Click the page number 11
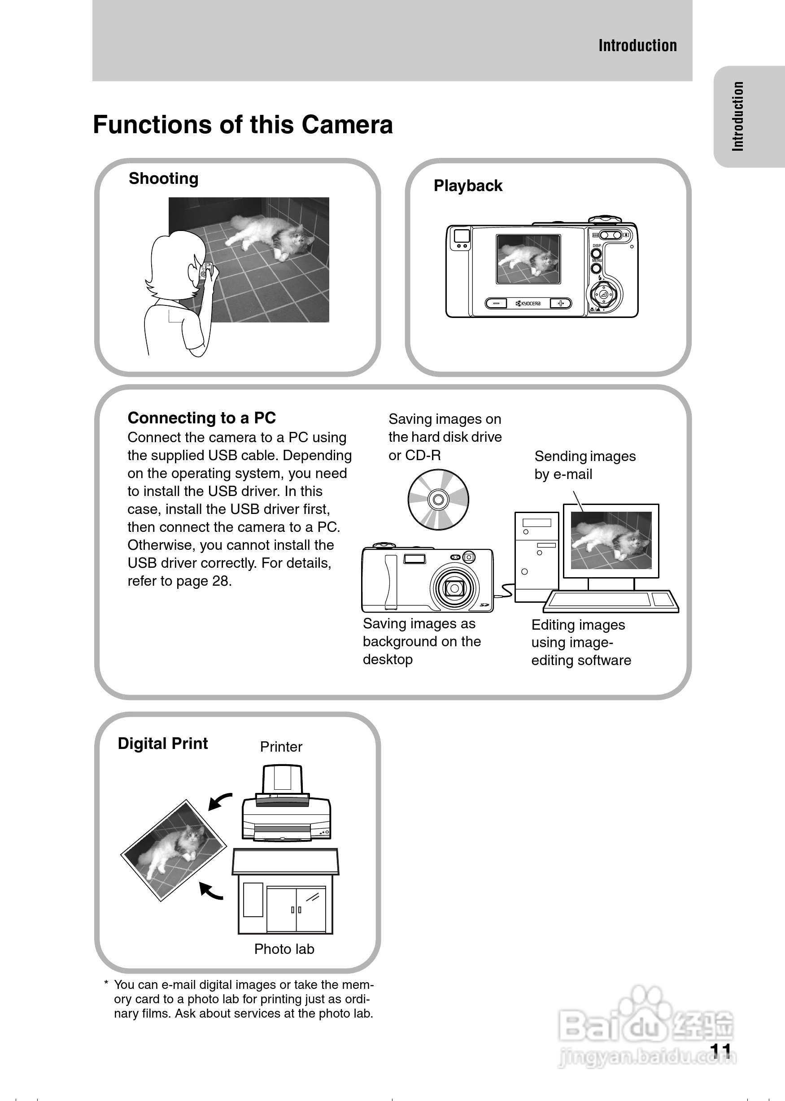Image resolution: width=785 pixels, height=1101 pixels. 721,1050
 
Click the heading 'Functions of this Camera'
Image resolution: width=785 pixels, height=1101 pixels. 243,125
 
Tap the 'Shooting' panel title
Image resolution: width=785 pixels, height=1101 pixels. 163,179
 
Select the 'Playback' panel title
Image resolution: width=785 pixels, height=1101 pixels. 468,186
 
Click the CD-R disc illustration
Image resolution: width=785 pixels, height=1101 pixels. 438,499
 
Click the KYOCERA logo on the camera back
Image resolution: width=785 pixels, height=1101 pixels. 528,304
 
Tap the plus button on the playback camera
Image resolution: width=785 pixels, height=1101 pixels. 561,304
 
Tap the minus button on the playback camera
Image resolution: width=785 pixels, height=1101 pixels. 496,304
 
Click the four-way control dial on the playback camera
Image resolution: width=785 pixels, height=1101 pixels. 604,294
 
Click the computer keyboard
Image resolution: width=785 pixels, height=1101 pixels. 611,601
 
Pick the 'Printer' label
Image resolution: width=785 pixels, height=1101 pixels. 281,747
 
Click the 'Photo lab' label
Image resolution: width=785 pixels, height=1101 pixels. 284,949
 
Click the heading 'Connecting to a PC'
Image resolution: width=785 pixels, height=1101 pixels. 201,418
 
